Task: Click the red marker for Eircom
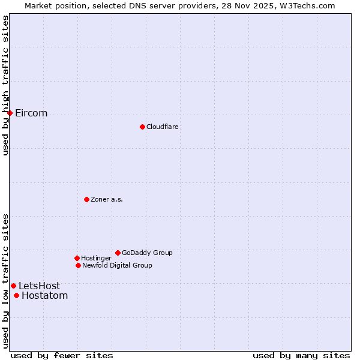pyautogui.click(x=10, y=113)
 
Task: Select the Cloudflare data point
pyautogui.click(x=142, y=127)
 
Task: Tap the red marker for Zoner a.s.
pyautogui.click(x=86, y=199)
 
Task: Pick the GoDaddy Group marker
pyautogui.click(x=118, y=253)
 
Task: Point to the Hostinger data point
pyautogui.click(x=77, y=258)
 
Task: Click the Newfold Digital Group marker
pyautogui.click(x=78, y=265)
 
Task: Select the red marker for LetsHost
pyautogui.click(x=13, y=286)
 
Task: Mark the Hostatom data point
pyautogui.click(x=16, y=295)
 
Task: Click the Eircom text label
pyautogui.click(x=31, y=113)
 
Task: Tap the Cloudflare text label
pyautogui.click(x=163, y=127)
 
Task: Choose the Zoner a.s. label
pyautogui.click(x=107, y=199)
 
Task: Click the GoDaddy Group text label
pyautogui.click(x=147, y=253)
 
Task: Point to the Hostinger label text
pyautogui.click(x=96, y=258)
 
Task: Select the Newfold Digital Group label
pyautogui.click(x=117, y=265)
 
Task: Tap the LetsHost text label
pyautogui.click(x=39, y=286)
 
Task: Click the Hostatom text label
pyautogui.click(x=44, y=295)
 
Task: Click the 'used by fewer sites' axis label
pyautogui.click(x=62, y=355)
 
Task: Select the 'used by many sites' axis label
pyautogui.click(x=301, y=355)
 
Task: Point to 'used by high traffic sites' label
pyautogui.click(x=6, y=85)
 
